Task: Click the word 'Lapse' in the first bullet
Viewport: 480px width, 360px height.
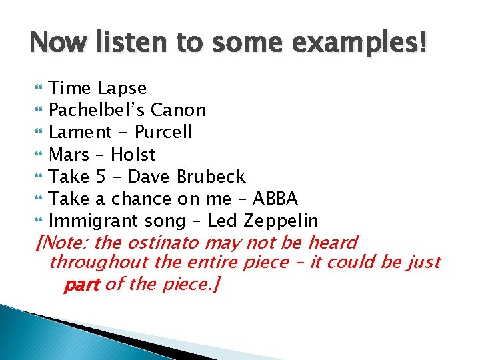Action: point(122,89)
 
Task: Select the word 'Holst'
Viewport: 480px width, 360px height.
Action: point(133,155)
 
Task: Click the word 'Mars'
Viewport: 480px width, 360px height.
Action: point(69,155)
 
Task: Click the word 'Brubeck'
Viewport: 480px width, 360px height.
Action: point(211,177)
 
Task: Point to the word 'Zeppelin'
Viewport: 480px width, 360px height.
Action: point(280,221)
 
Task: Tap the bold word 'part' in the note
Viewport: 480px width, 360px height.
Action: point(81,286)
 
